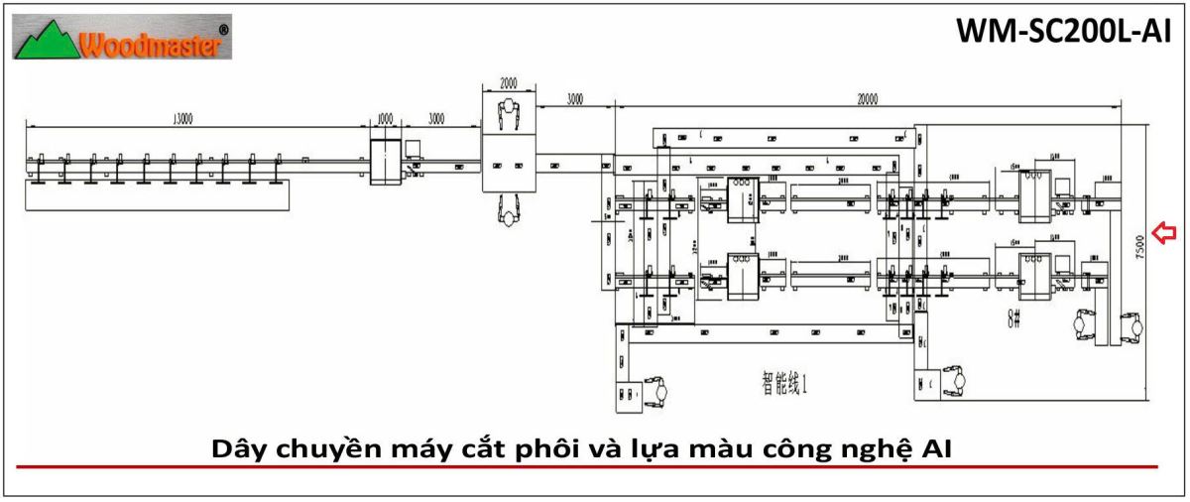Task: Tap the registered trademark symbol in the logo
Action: click(x=223, y=31)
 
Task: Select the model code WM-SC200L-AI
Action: click(x=1064, y=32)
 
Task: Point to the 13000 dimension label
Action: click(x=180, y=119)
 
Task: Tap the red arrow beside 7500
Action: click(x=1164, y=234)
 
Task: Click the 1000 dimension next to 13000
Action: click(x=385, y=119)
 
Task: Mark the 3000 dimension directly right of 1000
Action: click(x=436, y=119)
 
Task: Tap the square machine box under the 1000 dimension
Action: click(x=386, y=162)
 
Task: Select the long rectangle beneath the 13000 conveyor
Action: click(x=159, y=196)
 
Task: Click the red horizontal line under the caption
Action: click(x=585, y=465)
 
